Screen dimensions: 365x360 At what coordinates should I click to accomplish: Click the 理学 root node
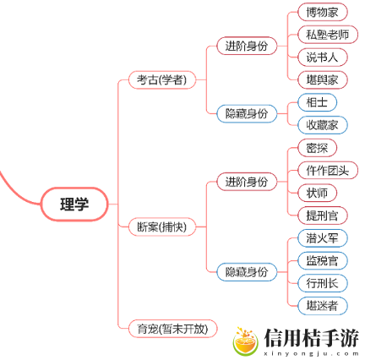coord(74,204)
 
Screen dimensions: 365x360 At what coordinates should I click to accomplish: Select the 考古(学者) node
coord(162,80)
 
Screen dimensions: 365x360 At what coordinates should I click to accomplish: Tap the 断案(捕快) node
coord(162,226)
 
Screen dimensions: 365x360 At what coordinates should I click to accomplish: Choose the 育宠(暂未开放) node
coord(172,329)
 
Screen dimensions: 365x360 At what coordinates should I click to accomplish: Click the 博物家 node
coord(323,12)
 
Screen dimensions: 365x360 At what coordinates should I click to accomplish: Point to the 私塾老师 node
coord(328,35)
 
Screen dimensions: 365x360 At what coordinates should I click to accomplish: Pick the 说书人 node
coord(323,57)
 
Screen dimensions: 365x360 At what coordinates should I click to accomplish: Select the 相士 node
coord(317,102)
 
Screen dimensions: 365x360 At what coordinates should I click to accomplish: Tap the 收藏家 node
coord(323,125)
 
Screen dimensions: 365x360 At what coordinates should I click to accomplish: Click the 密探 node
coord(317,148)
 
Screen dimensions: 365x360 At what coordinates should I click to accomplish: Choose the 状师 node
coord(317,193)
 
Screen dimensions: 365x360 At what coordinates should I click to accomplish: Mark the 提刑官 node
coord(323,215)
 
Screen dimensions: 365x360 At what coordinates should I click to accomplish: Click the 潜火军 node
coord(323,238)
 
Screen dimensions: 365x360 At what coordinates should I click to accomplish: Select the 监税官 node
coord(323,261)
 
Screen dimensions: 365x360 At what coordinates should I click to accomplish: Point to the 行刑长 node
coord(323,283)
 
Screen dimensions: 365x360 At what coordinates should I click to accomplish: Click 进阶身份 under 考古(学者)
coord(247,46)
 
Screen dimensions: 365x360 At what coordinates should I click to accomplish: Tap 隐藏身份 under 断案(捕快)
coord(247,272)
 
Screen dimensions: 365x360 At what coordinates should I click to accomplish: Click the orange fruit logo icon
coord(245,341)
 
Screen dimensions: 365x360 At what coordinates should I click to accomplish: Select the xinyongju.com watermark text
coord(312,354)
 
